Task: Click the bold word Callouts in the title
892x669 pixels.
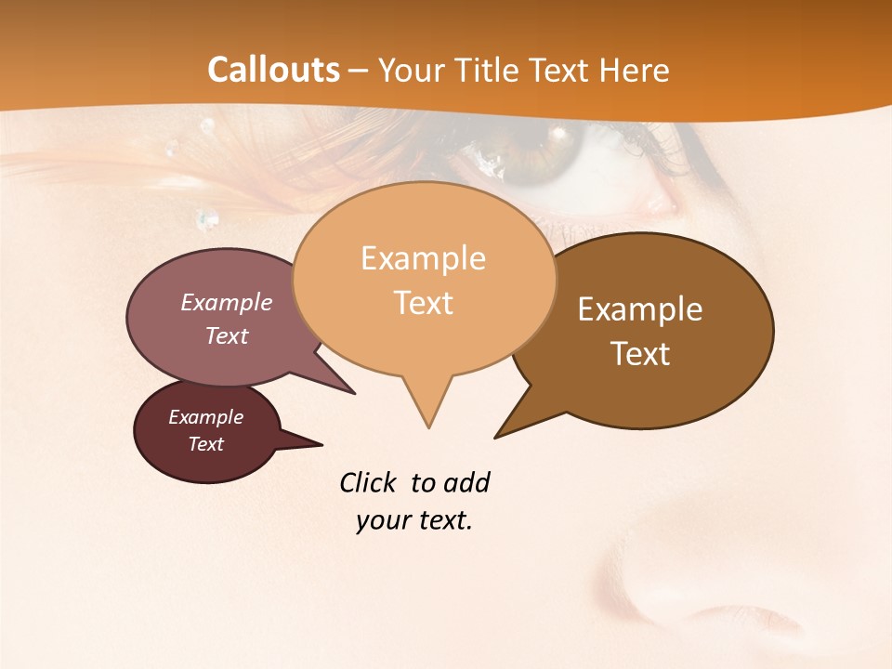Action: (273, 70)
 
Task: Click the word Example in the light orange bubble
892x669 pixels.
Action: (423, 258)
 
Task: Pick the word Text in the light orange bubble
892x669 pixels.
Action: (423, 303)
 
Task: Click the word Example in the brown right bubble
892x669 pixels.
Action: (640, 309)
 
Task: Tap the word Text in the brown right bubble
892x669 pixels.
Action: (640, 354)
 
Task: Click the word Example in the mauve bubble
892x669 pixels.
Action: (227, 302)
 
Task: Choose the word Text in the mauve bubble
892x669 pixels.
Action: (227, 335)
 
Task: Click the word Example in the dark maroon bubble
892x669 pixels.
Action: (205, 417)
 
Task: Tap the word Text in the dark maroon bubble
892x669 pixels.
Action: (205, 444)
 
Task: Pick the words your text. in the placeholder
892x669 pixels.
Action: (414, 520)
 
